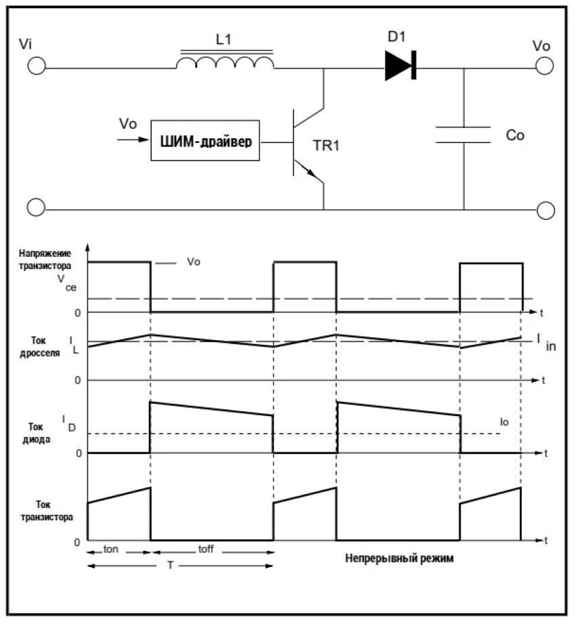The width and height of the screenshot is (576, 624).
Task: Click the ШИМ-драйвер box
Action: tap(205, 142)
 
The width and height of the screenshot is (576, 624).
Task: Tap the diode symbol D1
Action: tap(400, 66)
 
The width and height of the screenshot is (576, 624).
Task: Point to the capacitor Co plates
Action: tap(464, 134)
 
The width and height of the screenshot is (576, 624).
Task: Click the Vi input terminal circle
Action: tap(37, 66)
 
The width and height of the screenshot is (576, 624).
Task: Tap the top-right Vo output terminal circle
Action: tap(545, 66)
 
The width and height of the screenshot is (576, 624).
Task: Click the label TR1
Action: tap(325, 146)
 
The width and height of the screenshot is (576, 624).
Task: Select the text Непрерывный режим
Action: tap(398, 560)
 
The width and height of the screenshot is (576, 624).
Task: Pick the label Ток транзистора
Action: tap(45, 509)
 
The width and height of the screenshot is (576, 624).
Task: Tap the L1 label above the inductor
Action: tap(224, 40)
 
